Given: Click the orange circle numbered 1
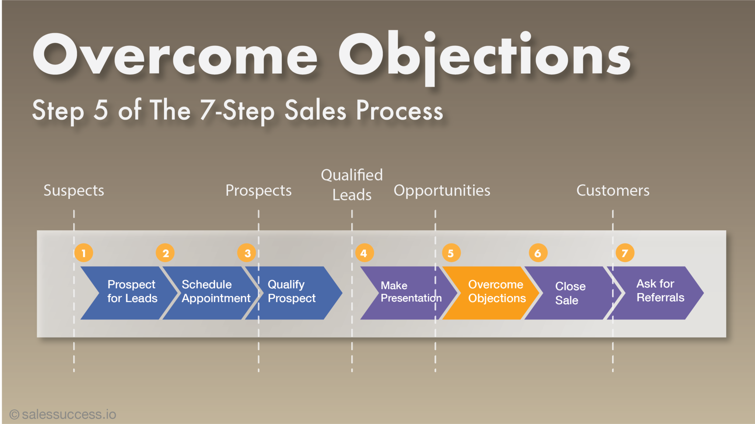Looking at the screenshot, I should tap(84, 253).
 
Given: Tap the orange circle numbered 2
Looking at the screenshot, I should tap(165, 253).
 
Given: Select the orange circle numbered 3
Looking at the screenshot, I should tap(247, 253).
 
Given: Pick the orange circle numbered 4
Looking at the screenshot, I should tap(364, 253).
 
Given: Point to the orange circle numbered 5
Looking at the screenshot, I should tap(451, 253).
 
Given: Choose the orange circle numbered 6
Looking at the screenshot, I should tap(538, 253).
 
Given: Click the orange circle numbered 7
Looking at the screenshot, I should tap(625, 253).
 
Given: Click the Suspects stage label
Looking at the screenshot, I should tap(74, 191).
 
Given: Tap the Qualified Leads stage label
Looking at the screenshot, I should tap(352, 185).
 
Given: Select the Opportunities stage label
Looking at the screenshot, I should tap(442, 191).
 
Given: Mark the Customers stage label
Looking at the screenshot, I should tap(613, 191).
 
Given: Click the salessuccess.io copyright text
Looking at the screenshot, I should tap(63, 414).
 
